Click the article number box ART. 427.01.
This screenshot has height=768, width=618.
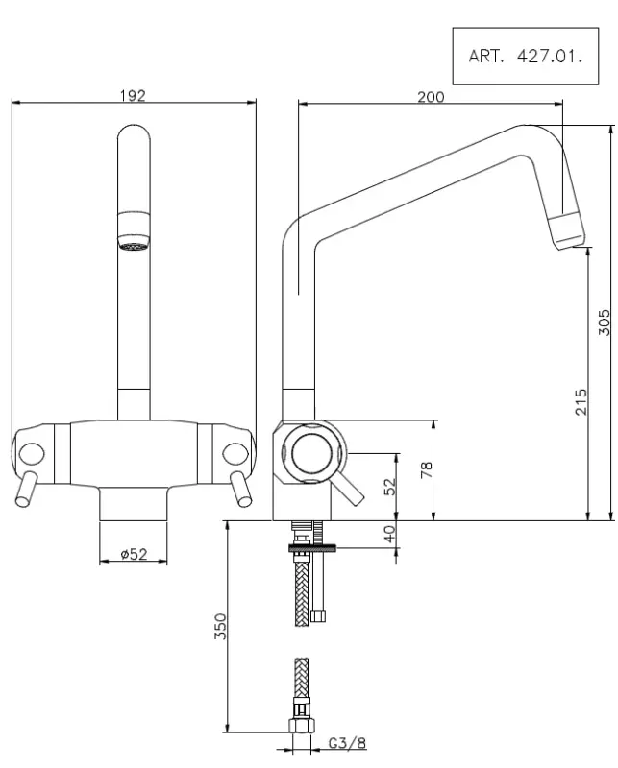point(526,56)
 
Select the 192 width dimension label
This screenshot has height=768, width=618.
point(133,95)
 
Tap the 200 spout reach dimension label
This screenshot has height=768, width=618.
point(431,96)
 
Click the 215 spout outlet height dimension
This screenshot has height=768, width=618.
point(581,401)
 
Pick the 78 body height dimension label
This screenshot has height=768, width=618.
point(427,469)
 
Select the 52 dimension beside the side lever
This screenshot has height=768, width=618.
point(390,487)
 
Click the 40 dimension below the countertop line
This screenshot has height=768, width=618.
point(390,534)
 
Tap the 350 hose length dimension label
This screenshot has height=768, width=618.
point(220,626)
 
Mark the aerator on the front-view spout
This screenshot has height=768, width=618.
point(133,244)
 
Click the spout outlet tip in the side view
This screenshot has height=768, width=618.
point(566,232)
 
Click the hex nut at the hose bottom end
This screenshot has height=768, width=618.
point(301,727)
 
